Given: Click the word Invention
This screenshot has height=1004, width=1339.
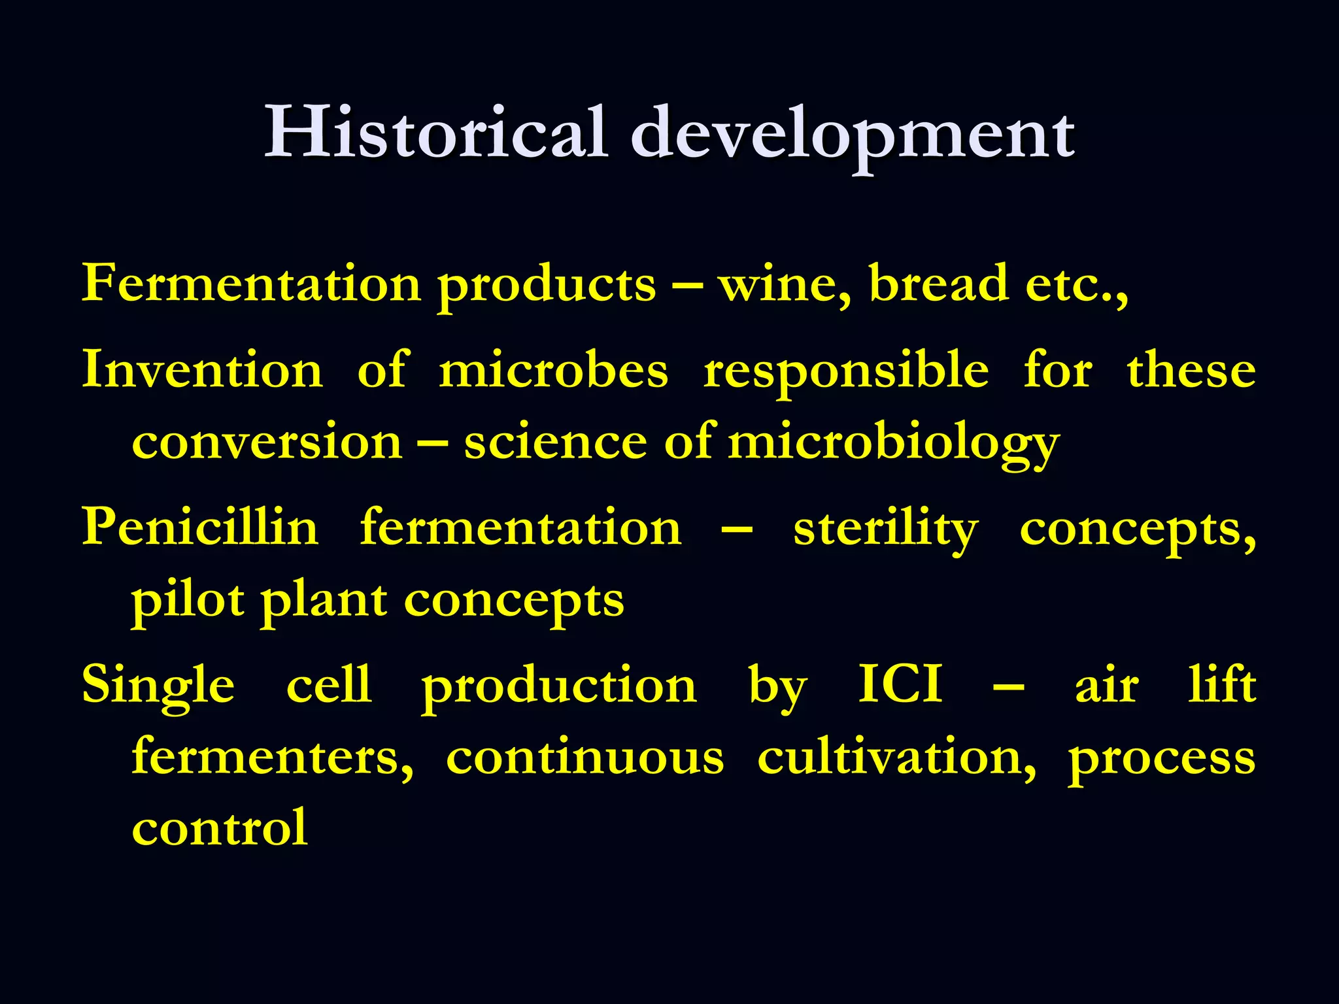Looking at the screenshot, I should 202,370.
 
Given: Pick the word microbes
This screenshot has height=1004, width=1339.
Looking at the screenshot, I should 553,370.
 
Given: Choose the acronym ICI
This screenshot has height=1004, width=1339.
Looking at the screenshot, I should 900,684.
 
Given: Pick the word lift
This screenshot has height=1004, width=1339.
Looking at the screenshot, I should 1221,684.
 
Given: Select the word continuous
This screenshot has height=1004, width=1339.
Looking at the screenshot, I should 585,758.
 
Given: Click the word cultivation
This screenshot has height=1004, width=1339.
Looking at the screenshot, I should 896,758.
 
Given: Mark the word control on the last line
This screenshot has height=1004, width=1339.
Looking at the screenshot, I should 220,828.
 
